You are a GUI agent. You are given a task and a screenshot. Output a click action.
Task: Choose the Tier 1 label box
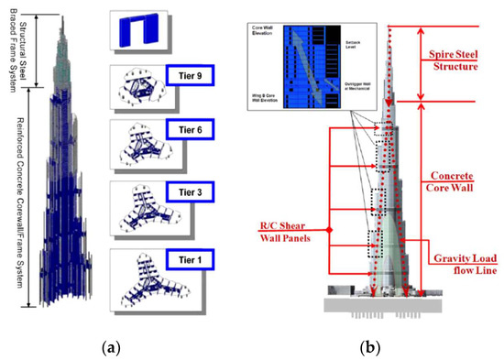click(191, 258)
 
